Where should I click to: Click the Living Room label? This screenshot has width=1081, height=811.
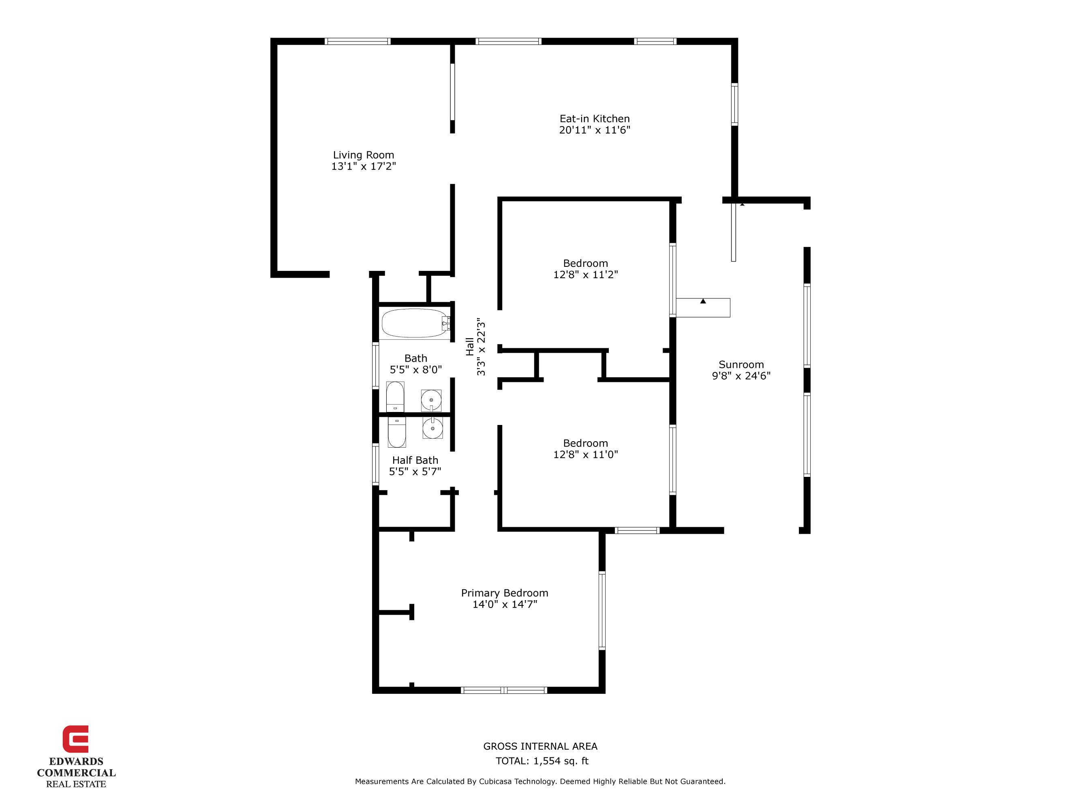tap(363, 155)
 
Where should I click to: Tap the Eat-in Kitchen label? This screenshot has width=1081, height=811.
tap(594, 119)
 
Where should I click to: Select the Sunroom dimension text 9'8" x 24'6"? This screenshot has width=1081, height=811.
tap(741, 376)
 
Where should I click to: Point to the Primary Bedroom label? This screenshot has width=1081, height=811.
tap(504, 593)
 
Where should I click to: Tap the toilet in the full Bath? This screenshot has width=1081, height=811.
tap(395, 397)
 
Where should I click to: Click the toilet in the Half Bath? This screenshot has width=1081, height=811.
tap(396, 431)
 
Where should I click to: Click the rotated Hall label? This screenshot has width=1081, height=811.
tap(470, 347)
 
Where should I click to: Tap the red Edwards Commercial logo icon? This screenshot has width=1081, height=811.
tap(75, 739)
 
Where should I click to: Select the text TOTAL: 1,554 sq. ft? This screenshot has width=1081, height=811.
tap(542, 761)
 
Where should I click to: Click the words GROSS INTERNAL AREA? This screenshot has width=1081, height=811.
tap(540, 746)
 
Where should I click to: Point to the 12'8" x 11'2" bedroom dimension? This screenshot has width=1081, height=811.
tap(585, 275)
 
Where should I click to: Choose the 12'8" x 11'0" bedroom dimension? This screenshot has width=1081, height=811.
tap(585, 455)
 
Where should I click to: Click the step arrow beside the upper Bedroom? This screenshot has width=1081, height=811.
tap(703, 301)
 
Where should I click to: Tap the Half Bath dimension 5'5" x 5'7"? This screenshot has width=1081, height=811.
tap(415, 472)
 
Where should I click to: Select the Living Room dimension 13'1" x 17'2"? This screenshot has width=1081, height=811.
tap(363, 166)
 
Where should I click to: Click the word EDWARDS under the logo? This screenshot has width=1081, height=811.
tap(76, 762)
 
